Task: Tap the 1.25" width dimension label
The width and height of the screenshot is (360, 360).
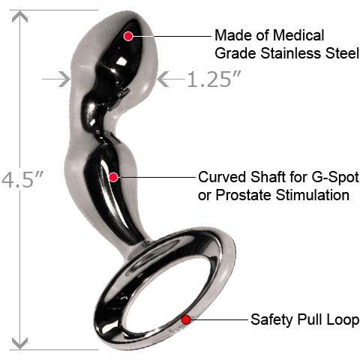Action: (x=214, y=79)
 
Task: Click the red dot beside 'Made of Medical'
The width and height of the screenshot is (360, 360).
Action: (x=128, y=36)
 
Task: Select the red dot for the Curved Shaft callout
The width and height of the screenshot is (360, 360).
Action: (x=114, y=177)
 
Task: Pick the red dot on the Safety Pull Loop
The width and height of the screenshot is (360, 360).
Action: (x=186, y=319)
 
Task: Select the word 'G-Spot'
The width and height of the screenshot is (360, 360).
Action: (x=335, y=178)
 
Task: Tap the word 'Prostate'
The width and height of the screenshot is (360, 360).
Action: (x=244, y=195)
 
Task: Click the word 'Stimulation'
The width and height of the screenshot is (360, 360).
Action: (x=313, y=195)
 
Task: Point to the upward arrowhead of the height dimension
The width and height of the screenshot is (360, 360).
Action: (x=19, y=17)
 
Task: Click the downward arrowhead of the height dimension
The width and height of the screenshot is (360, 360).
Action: (x=19, y=343)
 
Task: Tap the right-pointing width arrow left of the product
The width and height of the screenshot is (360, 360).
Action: (x=56, y=79)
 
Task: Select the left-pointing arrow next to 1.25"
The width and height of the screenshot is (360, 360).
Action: (x=171, y=79)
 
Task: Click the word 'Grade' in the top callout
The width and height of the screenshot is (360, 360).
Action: (x=235, y=53)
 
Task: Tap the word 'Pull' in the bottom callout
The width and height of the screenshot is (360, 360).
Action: (x=310, y=320)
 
